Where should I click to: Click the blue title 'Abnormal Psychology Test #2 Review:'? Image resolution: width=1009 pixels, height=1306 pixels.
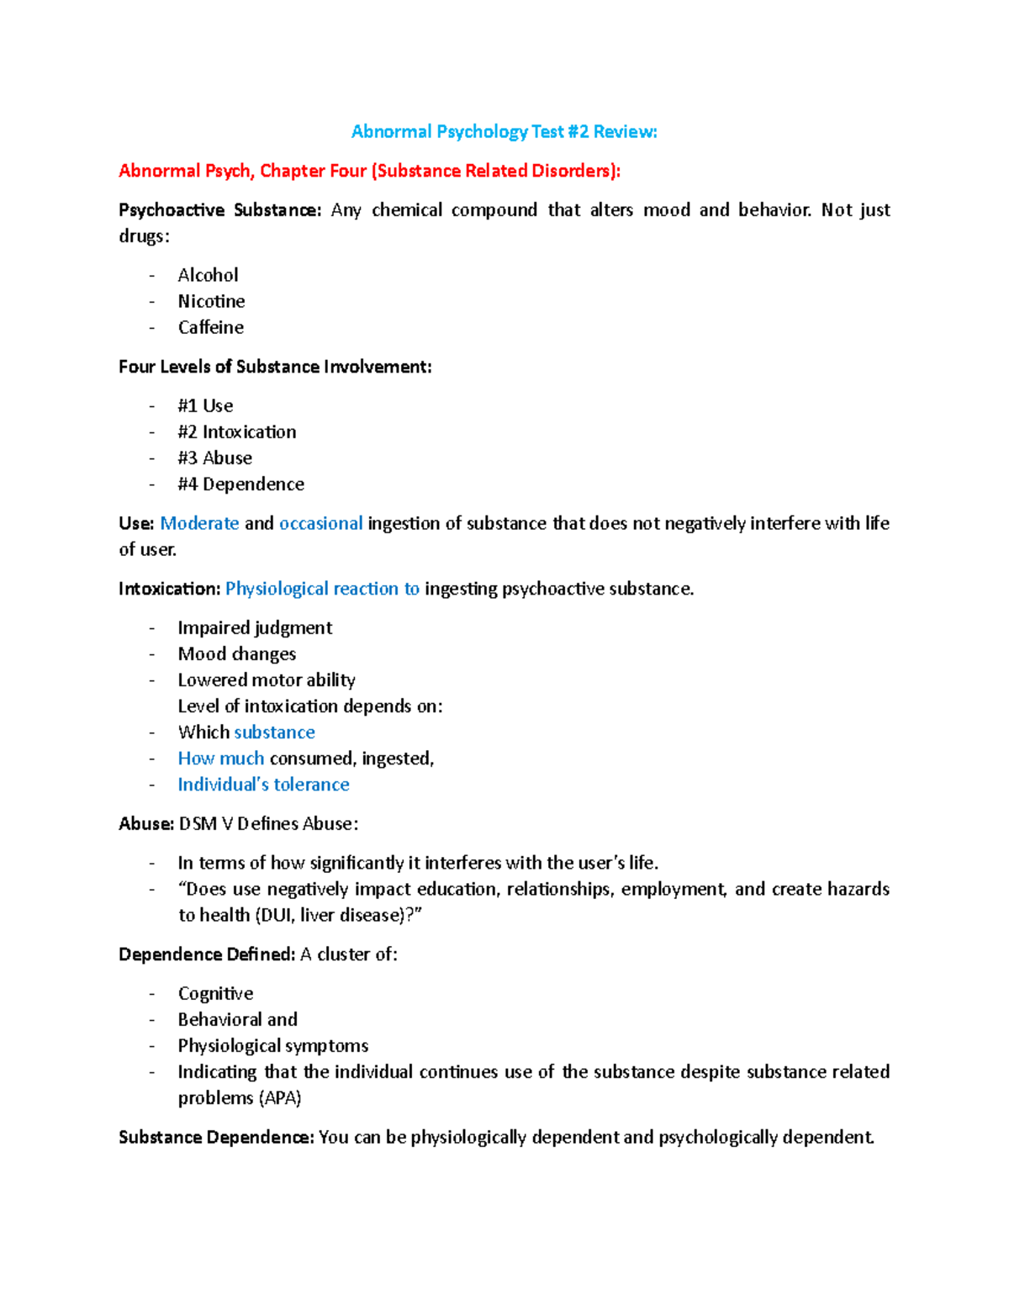pyautogui.click(x=504, y=132)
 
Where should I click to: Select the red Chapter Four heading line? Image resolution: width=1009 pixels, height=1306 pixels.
pyautogui.click(x=369, y=172)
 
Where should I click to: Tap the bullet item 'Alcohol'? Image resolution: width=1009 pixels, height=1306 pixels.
pyautogui.click(x=208, y=276)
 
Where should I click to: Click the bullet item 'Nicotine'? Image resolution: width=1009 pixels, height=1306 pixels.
pyautogui.click(x=211, y=302)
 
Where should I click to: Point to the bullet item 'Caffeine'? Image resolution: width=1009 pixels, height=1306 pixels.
pyautogui.click(x=210, y=328)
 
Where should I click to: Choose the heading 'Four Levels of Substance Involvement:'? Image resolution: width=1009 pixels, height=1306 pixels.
pyautogui.click(x=275, y=367)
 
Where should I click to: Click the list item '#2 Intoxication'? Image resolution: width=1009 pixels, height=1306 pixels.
pyautogui.click(x=236, y=432)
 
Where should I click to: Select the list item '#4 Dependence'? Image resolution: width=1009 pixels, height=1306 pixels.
pyautogui.click(x=240, y=484)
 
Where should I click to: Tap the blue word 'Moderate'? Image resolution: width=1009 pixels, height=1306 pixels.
pyautogui.click(x=199, y=524)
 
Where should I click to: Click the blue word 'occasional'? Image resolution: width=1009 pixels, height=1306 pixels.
pyautogui.click(x=320, y=524)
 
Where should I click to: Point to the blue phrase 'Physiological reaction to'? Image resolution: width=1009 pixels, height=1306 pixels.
pyautogui.click(x=322, y=590)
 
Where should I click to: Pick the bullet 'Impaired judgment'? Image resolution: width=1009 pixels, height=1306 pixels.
pyautogui.click(x=255, y=628)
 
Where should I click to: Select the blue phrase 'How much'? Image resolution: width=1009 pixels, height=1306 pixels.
pyautogui.click(x=220, y=759)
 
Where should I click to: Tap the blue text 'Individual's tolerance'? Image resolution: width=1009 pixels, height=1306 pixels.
pyautogui.click(x=263, y=785)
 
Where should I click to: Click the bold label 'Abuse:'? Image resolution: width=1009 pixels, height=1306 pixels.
pyautogui.click(x=146, y=824)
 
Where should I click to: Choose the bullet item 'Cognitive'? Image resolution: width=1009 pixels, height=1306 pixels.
pyautogui.click(x=215, y=994)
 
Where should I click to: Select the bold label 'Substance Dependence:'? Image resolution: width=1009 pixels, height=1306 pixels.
pyautogui.click(x=216, y=1138)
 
